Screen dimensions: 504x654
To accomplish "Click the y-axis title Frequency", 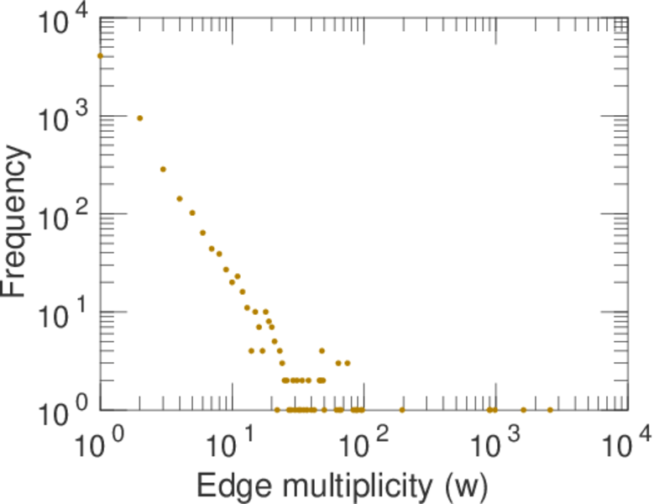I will (17, 221).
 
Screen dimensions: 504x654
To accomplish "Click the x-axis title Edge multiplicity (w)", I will (343, 485).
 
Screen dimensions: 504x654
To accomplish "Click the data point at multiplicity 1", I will (101, 56).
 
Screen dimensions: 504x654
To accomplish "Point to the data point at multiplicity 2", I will (140, 118).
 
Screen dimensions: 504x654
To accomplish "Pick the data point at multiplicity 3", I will (164, 169).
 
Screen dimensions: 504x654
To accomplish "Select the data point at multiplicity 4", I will (180, 199).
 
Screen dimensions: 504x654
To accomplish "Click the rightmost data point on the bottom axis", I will (550, 410).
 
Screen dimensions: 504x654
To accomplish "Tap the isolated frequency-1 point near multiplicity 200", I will (402, 410).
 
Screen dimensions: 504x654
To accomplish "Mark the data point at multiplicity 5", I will (192, 213).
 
